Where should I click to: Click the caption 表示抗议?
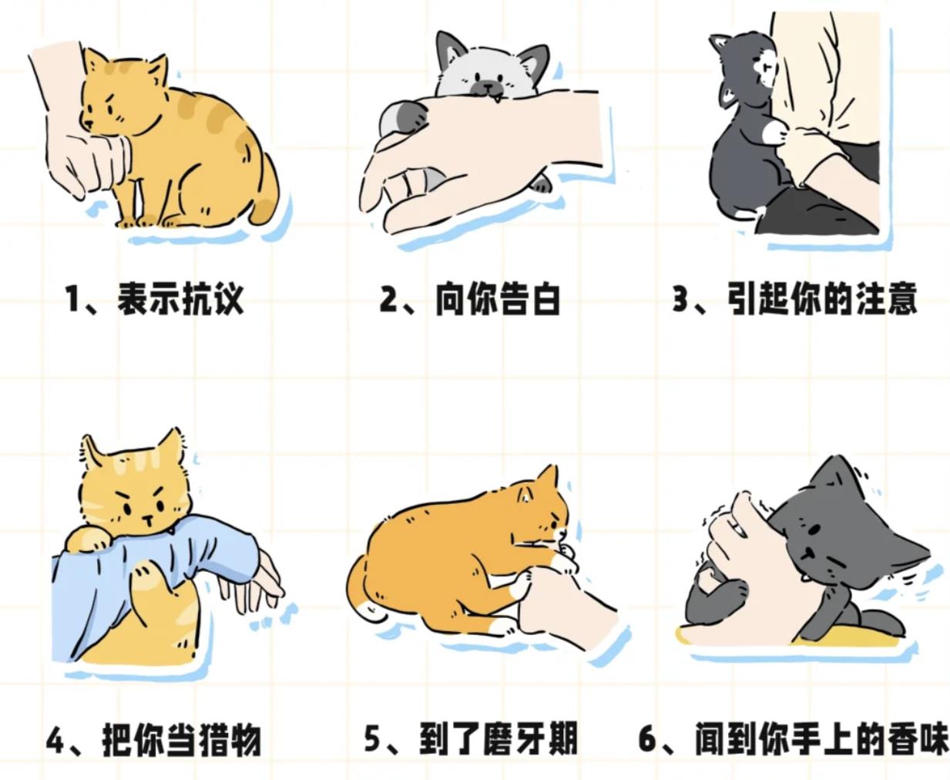coord(180,298)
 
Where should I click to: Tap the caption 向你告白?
coord(498,298)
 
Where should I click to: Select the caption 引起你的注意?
coord(822,298)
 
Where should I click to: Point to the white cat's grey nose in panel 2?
coord(487,85)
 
